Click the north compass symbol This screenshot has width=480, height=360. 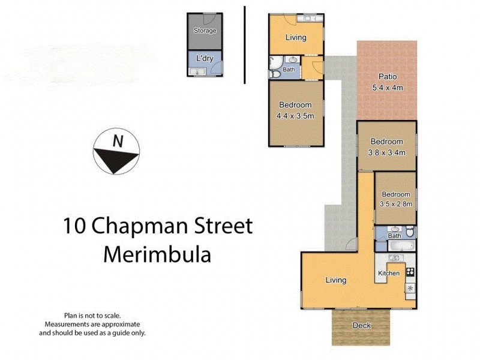point(116,152)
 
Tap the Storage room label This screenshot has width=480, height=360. point(205,31)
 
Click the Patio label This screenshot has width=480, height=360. point(387,77)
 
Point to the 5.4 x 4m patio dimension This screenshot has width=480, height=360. point(387,88)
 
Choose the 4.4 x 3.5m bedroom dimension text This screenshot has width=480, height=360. point(295,116)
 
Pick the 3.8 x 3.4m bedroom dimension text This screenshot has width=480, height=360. point(386,152)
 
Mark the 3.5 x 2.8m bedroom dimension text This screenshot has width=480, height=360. point(395,204)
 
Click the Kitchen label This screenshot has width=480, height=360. point(388,274)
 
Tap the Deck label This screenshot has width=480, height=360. point(361,326)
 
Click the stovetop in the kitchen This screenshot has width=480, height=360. point(410,272)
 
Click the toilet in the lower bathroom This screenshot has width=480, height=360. point(409,232)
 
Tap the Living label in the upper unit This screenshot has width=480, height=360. point(295,37)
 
